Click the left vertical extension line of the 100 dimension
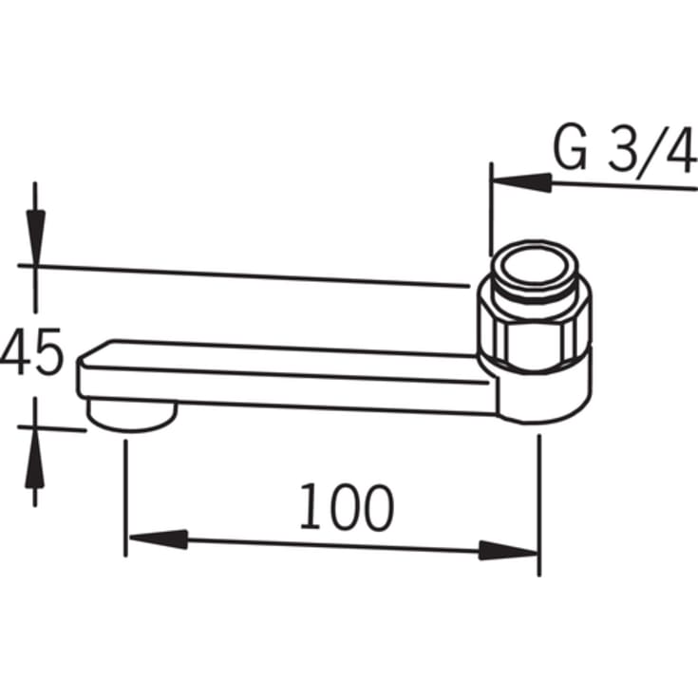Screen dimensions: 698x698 pyautogui.click(x=125, y=494)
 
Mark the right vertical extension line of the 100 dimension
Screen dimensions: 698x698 pyautogui.click(x=538, y=503)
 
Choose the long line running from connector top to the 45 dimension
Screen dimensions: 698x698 pyautogui.click(x=247, y=274)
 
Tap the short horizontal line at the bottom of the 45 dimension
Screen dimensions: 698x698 pyautogui.click(x=52, y=427)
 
